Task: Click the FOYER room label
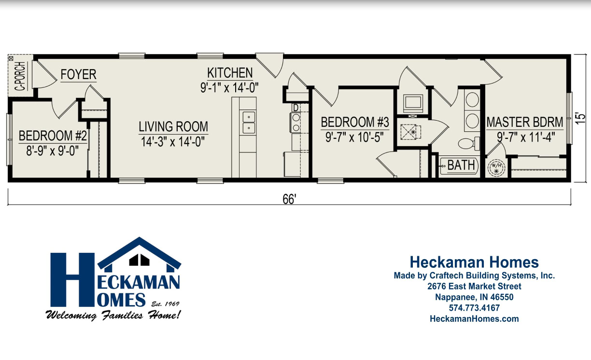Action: (x=78, y=75)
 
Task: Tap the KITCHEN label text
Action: (x=230, y=73)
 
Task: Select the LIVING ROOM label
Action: (x=173, y=127)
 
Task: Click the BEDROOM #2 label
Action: (x=53, y=136)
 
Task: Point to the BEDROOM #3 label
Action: (x=355, y=123)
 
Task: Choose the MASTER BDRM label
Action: (x=525, y=122)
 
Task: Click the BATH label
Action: (x=461, y=165)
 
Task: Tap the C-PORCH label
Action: (x=20, y=77)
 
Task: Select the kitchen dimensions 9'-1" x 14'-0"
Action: (x=230, y=88)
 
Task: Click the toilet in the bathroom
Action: (x=468, y=143)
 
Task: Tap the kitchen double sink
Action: (x=248, y=123)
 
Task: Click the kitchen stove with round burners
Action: (x=295, y=122)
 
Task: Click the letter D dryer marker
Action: (x=295, y=107)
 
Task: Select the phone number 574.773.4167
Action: (x=474, y=308)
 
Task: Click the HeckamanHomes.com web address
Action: (x=474, y=318)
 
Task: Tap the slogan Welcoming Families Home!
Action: (x=113, y=316)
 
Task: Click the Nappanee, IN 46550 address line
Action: (x=474, y=297)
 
